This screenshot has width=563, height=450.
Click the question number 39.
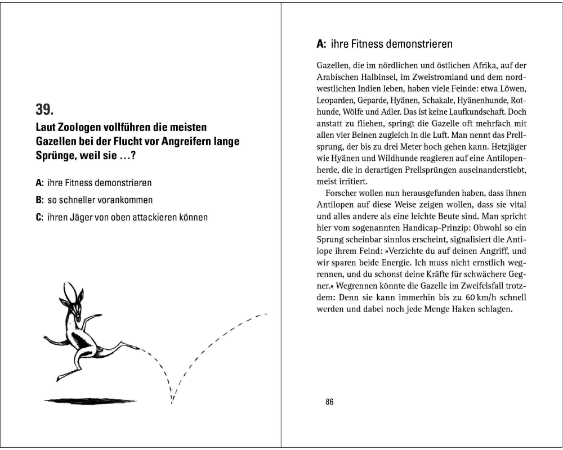pyautogui.click(x=44, y=110)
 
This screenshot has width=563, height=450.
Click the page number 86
pyautogui.click(x=329, y=402)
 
